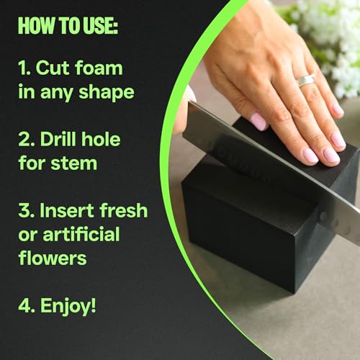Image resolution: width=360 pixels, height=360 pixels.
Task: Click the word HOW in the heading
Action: tap(35, 25)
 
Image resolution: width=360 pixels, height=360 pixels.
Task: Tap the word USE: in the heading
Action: tap(98, 25)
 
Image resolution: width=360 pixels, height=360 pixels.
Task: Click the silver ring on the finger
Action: tap(306, 80)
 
